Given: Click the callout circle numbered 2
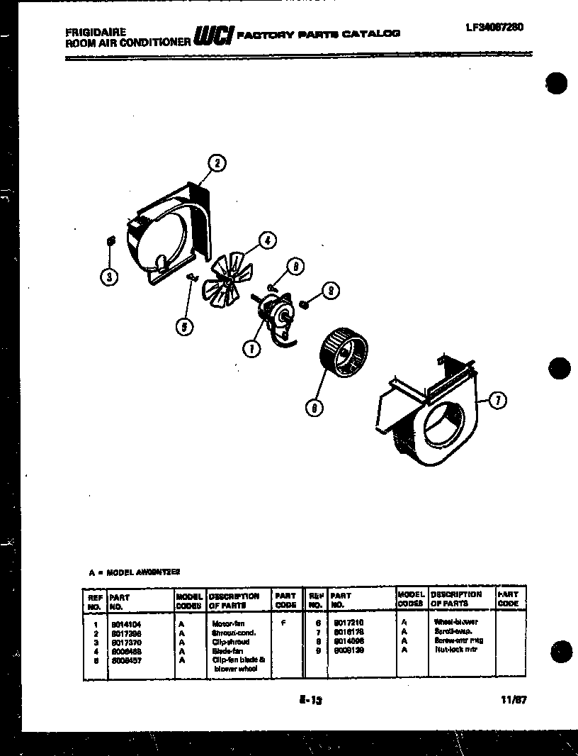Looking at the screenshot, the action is point(217,164).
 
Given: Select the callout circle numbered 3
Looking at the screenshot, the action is point(108,277).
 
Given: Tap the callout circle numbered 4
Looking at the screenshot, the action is point(267,240).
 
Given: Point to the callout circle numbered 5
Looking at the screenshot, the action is point(184,326).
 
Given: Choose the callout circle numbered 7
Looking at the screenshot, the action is point(498,401).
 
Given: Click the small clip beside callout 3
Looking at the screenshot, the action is point(110,243).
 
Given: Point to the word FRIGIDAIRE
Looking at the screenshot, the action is point(96,32).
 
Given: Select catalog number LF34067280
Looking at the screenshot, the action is point(494,28).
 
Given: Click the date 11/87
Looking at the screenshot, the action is point(514,699).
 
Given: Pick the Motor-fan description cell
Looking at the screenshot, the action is point(228,623).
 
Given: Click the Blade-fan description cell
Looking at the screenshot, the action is point(228,650).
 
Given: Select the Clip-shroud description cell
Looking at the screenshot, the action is point(231,641).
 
